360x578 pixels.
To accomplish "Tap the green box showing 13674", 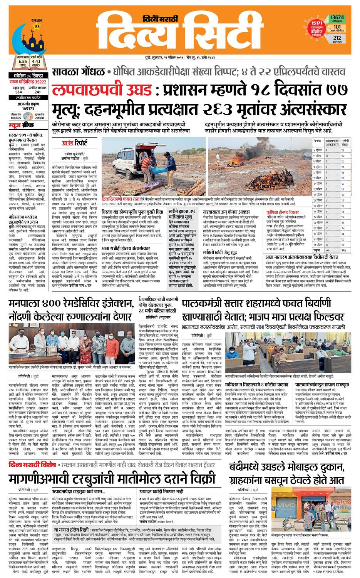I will tap(337, 18).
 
